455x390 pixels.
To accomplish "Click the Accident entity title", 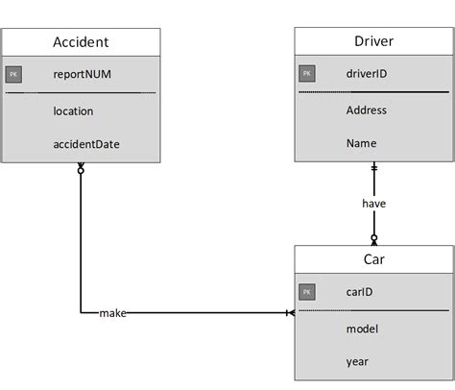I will (82, 41).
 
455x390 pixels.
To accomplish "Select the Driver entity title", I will (373, 41).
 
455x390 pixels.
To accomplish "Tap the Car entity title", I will (373, 259).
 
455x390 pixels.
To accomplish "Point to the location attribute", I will (74, 110).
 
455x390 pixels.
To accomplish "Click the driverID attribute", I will (367, 73).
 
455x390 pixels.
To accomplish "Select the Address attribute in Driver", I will (367, 110).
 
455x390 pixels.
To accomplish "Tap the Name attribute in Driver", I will (362, 143).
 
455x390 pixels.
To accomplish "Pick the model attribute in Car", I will (362, 329).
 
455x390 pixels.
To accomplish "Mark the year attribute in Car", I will (358, 362).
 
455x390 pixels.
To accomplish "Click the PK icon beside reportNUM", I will (14, 73).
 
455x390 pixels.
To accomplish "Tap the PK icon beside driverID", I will (306, 73).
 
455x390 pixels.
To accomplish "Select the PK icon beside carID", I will (306, 291).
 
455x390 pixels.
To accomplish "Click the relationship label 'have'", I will (374, 204).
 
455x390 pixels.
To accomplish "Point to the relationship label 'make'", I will (112, 313).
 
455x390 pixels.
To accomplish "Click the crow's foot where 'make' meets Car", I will (289, 313).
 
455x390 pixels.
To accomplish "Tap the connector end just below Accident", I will (81, 169).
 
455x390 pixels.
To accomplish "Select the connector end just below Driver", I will (374, 169).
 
